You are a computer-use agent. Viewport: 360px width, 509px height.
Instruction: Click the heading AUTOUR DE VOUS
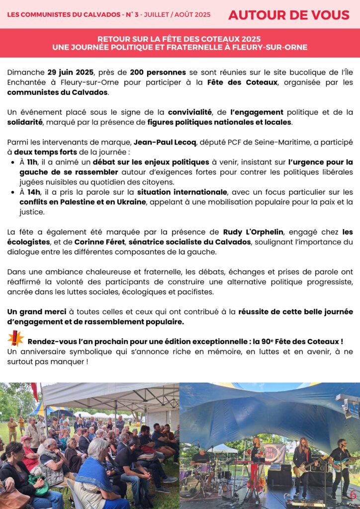coord(288,15)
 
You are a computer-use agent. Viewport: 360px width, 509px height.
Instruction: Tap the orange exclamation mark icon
coord(15,339)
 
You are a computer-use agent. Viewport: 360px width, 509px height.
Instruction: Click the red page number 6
coord(353,495)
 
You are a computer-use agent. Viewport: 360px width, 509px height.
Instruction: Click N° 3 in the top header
coord(131,15)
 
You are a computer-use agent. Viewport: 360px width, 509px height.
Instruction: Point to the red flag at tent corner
coord(34,391)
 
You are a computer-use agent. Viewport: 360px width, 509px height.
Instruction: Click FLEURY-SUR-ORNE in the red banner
coord(272,48)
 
